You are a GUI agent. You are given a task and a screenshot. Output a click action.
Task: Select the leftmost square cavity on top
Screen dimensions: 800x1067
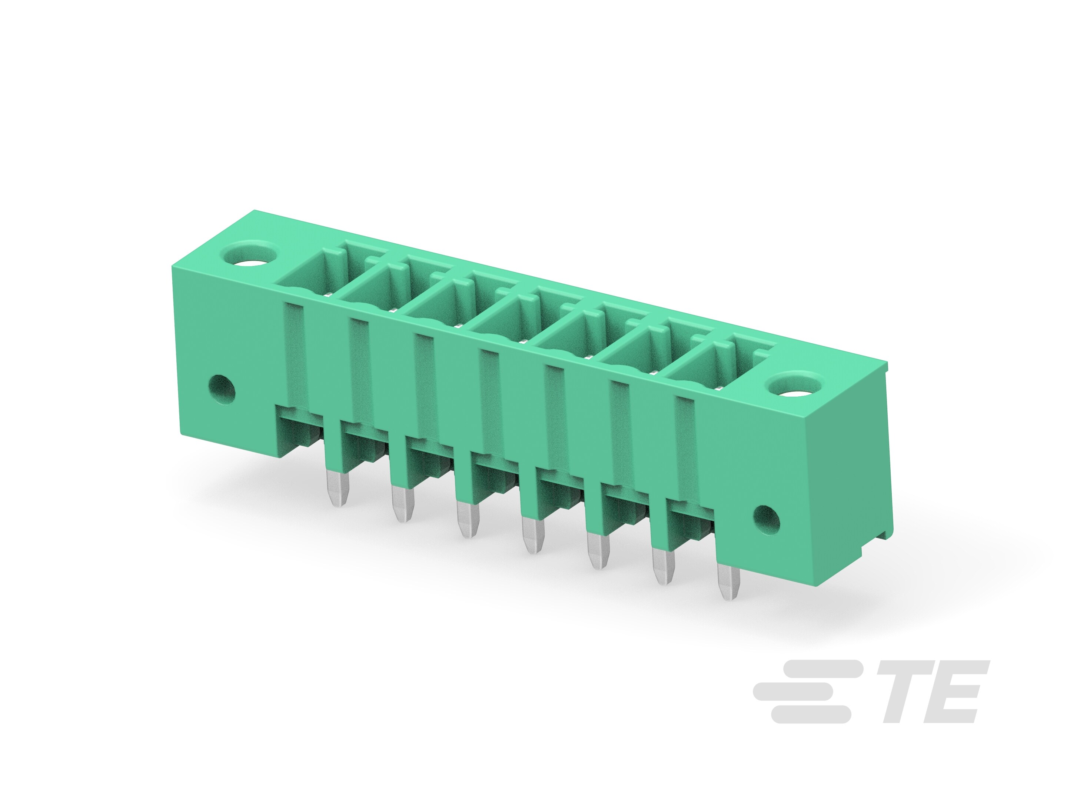(x=309, y=273)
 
